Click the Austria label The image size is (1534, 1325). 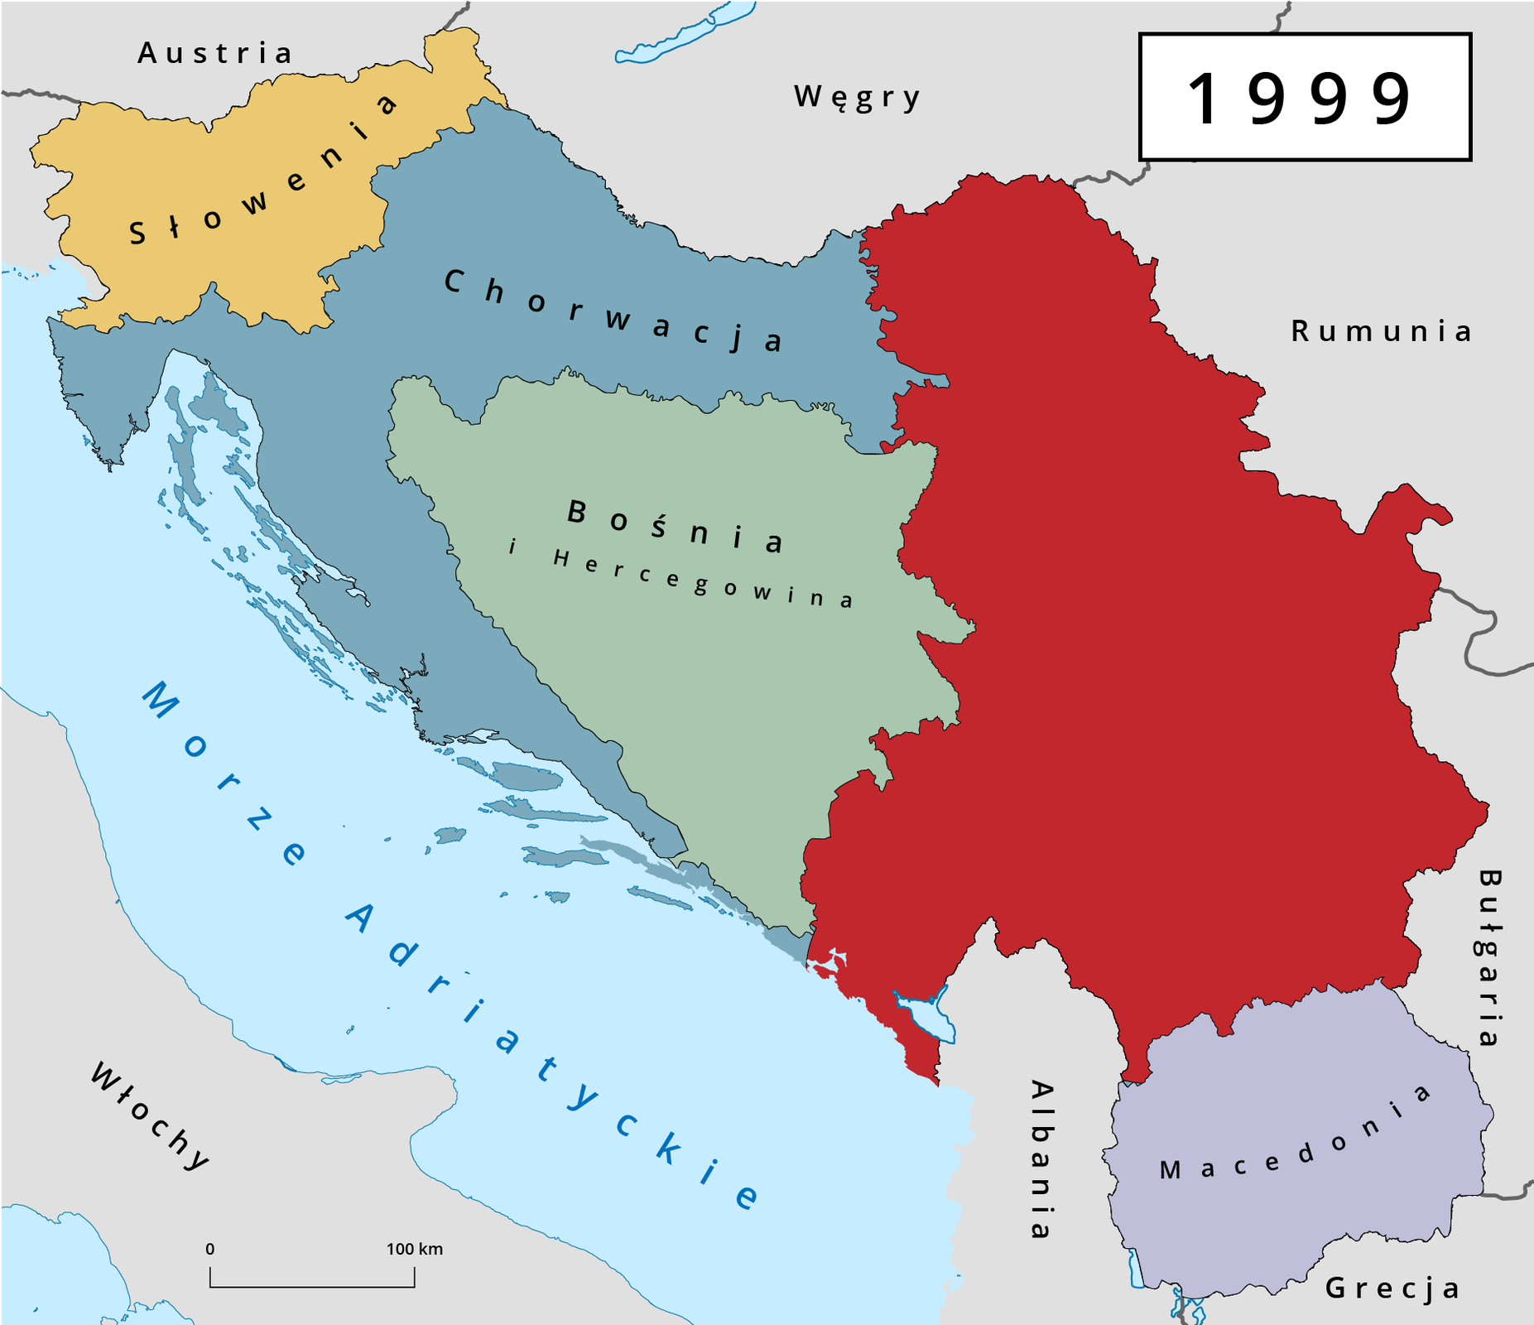pyautogui.click(x=214, y=53)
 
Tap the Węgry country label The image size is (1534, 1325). pyautogui.click(x=857, y=97)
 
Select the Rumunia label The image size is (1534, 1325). pyautogui.click(x=1381, y=331)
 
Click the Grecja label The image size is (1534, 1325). pyautogui.click(x=1392, y=1288)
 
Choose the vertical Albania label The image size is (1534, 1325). pyautogui.click(x=1041, y=1159)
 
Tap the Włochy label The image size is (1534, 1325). pyautogui.click(x=150, y=1116)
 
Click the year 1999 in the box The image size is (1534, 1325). pyautogui.click(x=1303, y=99)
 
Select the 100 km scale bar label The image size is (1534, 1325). pyautogui.click(x=414, y=1249)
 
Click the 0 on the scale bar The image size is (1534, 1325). pyautogui.click(x=210, y=1249)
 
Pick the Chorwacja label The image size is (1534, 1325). pyautogui.click(x=613, y=311)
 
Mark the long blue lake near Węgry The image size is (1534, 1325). pyautogui.click(x=684, y=33)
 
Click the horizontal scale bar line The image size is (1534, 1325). pyautogui.click(x=312, y=1287)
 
